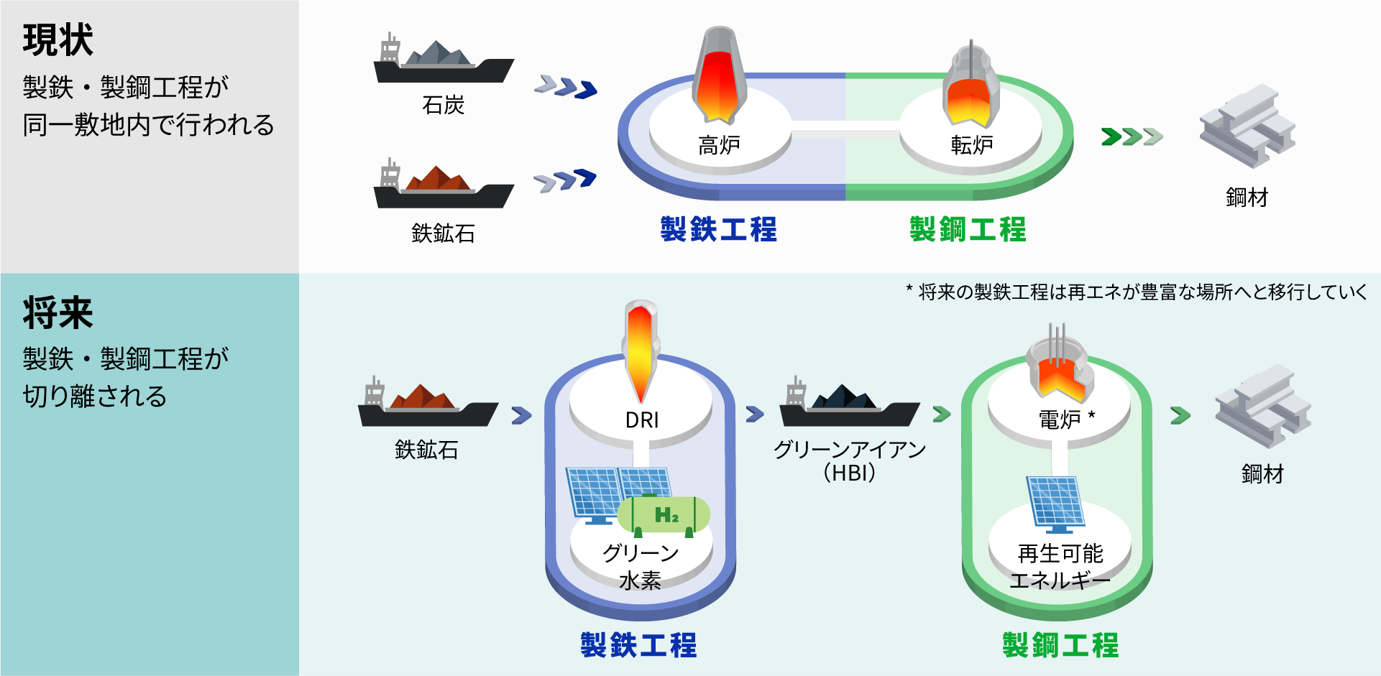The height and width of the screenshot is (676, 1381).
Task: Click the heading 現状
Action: (x=58, y=40)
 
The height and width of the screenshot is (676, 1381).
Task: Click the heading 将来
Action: (x=58, y=313)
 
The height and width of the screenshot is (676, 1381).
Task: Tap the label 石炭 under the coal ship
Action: (x=444, y=106)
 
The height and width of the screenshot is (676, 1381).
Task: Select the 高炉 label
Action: (x=719, y=146)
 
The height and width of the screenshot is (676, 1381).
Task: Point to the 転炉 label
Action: (x=972, y=146)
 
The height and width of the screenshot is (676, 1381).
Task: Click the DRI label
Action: (x=642, y=420)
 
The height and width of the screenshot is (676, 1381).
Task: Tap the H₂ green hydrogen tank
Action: (x=664, y=516)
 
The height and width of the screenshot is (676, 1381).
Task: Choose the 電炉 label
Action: (x=1060, y=420)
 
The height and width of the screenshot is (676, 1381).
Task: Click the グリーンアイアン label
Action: (x=850, y=450)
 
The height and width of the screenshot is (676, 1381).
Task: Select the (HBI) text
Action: (x=850, y=473)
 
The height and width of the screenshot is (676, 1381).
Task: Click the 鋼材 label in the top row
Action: (x=1247, y=198)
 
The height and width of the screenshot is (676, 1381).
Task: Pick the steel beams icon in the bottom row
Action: (x=1263, y=406)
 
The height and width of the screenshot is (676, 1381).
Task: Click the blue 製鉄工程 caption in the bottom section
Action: (x=638, y=645)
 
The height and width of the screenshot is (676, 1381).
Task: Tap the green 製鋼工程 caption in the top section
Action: (x=968, y=230)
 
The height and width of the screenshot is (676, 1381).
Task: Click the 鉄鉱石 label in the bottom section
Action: (x=426, y=450)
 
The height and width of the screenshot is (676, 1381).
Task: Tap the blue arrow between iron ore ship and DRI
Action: (x=521, y=415)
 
